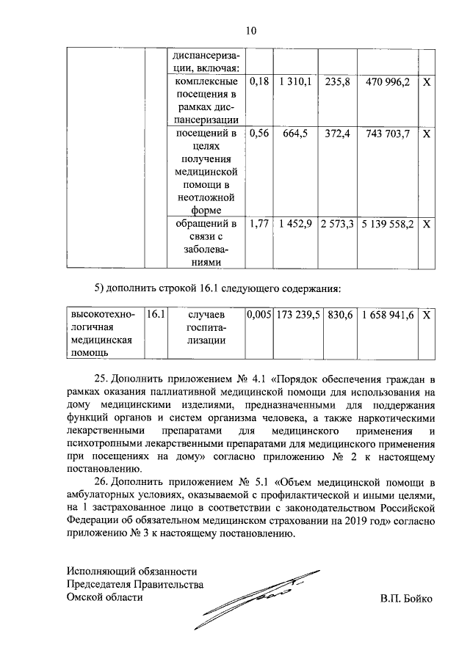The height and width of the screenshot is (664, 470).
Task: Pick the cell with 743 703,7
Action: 387,134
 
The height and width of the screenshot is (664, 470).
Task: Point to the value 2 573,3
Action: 337,223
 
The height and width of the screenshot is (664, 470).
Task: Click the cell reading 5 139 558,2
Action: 387,223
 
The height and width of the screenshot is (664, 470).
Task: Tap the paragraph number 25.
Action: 104,379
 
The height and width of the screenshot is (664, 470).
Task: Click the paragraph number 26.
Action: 104,482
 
